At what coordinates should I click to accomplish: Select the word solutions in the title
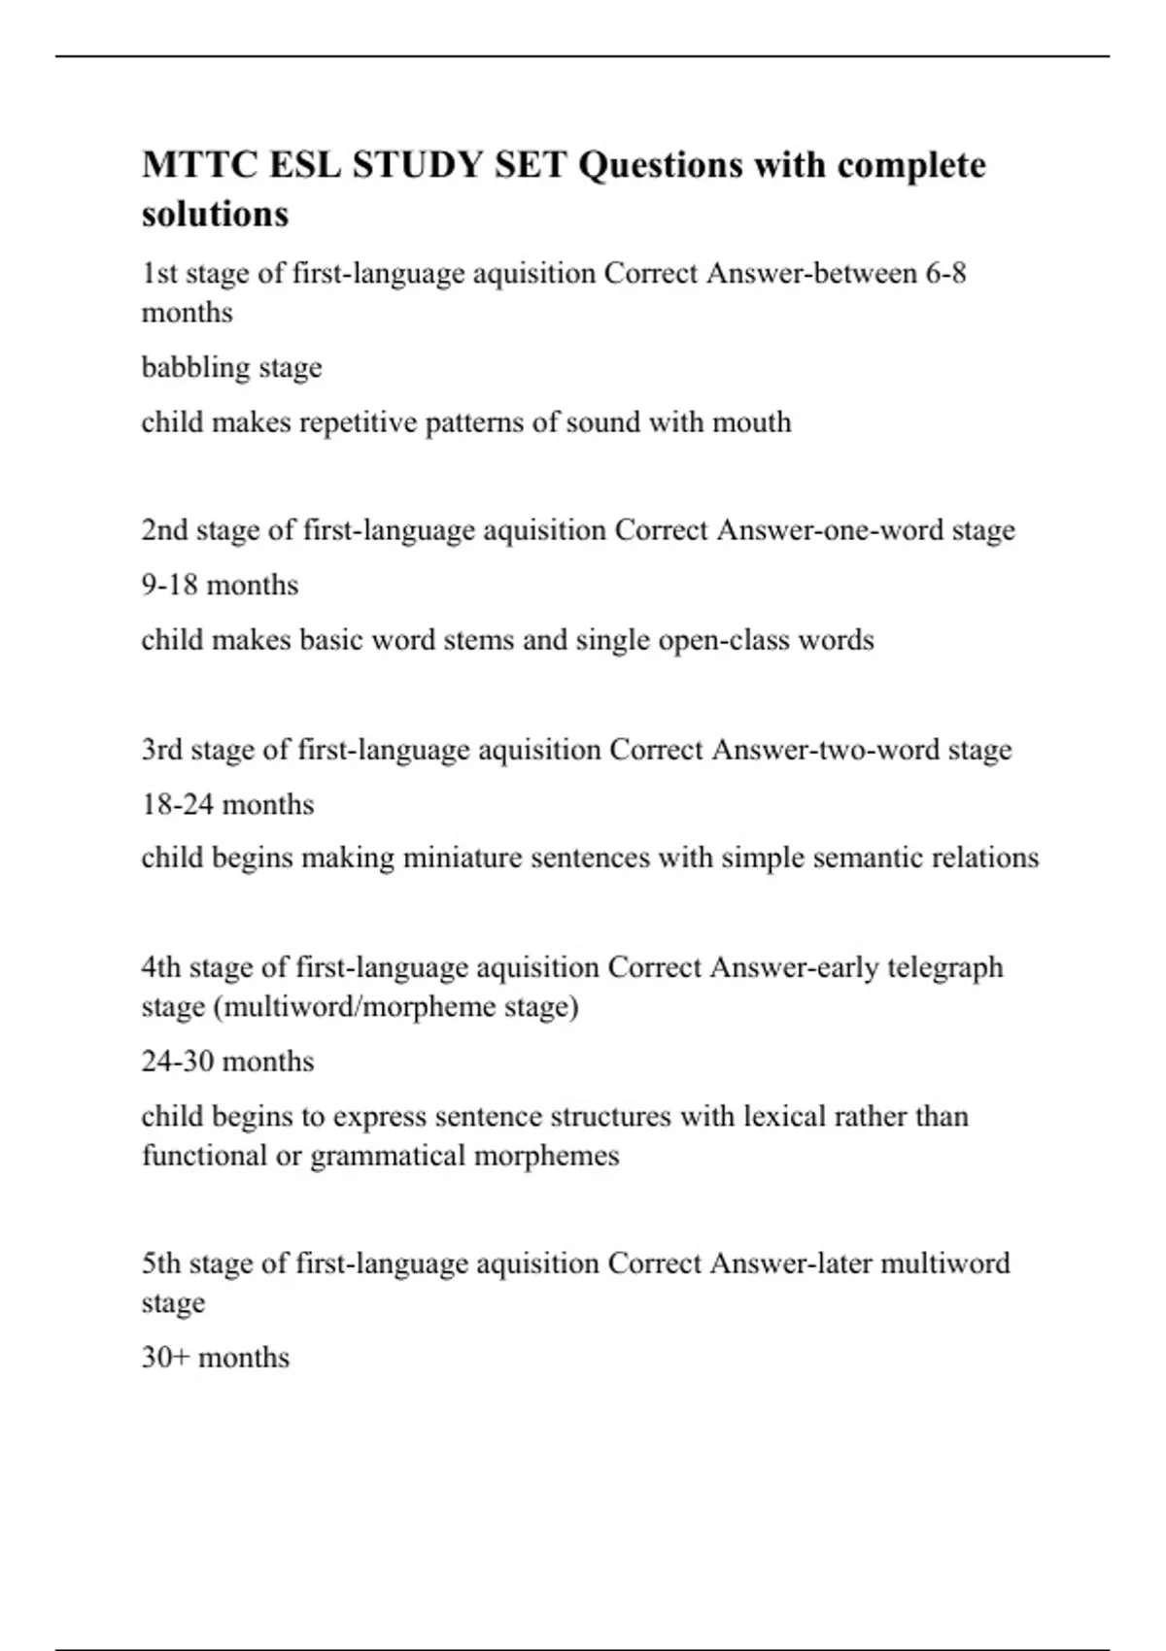215,214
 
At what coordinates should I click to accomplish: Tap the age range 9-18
170,585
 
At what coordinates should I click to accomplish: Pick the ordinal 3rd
162,750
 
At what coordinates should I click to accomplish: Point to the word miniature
462,859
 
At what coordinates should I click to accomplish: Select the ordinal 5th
161,1264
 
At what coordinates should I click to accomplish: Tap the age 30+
165,1357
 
